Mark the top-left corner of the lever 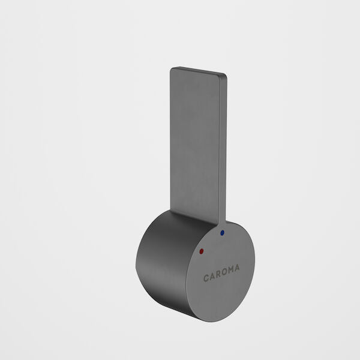pyautogui.click(x=172, y=68)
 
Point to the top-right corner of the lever pyautogui.click(x=226, y=75)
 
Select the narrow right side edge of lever pyautogui.click(x=223, y=150)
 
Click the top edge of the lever pyautogui.click(x=198, y=70)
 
